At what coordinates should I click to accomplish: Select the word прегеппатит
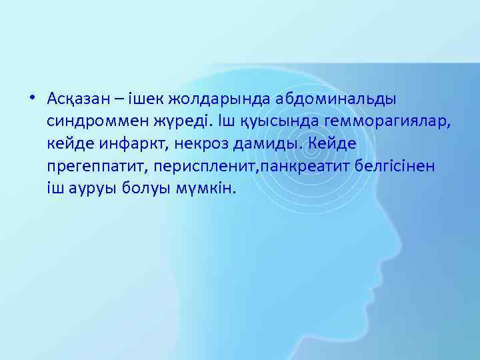click(93, 166)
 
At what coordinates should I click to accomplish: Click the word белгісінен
click(393, 165)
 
